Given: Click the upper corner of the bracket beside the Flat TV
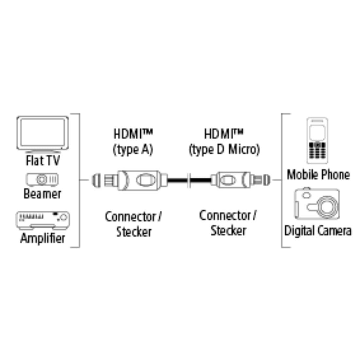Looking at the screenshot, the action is (x=80, y=114).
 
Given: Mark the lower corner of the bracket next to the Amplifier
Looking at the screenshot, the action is (x=80, y=247).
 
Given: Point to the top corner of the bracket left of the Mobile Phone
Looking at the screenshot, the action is (x=282, y=114).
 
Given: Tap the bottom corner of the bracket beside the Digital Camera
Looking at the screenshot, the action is (x=282, y=247).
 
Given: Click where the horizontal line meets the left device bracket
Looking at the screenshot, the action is (x=80, y=180).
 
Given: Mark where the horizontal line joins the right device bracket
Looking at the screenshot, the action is (x=282, y=180).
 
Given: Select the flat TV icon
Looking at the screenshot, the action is (x=43, y=134).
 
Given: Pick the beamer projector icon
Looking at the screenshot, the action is (x=42, y=179).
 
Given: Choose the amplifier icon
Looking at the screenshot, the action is (x=43, y=220).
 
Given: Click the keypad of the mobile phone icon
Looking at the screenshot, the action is (x=317, y=151).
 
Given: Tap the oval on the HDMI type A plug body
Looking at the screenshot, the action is (x=144, y=180).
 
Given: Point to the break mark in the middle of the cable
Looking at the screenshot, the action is (x=189, y=180).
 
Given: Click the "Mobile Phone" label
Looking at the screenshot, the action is (x=318, y=175).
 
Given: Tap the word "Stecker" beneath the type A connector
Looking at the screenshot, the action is (x=134, y=232).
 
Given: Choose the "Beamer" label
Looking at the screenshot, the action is (x=43, y=194).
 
